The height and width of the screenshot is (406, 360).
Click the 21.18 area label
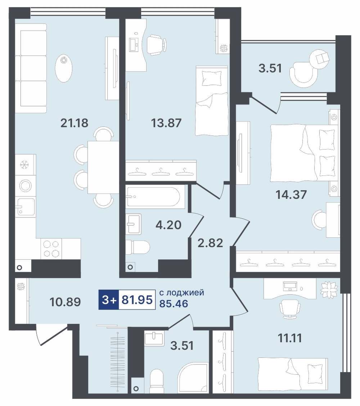(74, 123)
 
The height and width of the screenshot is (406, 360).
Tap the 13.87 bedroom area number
(166, 123)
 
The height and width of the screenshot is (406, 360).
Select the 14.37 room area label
(291, 195)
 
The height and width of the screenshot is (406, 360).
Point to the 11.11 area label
(289, 338)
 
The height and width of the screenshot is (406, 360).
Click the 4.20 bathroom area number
(168, 225)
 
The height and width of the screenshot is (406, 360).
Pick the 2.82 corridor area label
(210, 243)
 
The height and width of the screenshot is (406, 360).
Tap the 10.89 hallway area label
(65, 302)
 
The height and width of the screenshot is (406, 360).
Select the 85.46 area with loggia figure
(174, 303)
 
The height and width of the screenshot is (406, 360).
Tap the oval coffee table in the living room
(64, 68)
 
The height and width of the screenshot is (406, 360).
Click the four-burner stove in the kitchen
(51, 249)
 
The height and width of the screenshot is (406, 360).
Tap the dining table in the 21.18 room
(103, 167)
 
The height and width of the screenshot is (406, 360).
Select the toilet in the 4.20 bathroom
(138, 247)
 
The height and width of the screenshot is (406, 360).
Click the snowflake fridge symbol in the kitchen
(25, 165)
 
